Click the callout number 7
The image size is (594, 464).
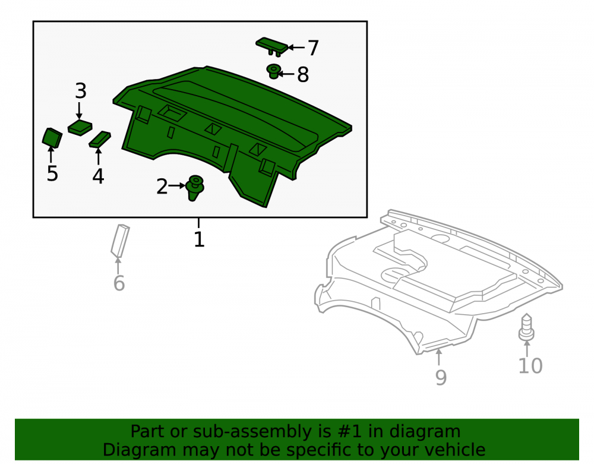coord(313,48)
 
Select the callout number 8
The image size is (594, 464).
coord(303,75)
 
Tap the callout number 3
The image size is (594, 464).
coord(81,91)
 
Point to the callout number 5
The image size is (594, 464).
coord(52,173)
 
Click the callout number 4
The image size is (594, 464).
coord(98,176)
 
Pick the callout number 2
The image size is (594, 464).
coord(162,187)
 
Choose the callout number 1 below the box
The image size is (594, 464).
coord(199,239)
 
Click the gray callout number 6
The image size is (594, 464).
coord(119,283)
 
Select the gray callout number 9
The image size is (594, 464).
coord(441,377)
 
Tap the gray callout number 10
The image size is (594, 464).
coord(530,366)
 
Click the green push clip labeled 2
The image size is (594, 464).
coord(195,188)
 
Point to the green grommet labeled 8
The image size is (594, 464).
coord(273,71)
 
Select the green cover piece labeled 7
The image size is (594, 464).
coord(272,46)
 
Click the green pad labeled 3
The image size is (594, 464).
coord(80,128)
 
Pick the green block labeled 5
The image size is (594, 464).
coord(52,138)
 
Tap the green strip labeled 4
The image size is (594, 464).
coord(100,139)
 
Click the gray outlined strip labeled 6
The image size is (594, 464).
coord(120,241)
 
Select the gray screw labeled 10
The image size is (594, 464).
coord(526,327)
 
